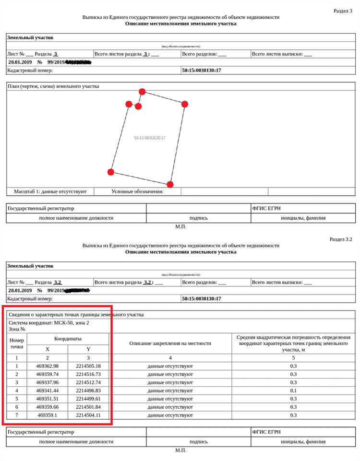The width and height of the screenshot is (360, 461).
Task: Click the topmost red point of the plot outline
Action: pos(142,92)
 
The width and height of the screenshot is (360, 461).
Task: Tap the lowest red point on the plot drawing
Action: pos(170,184)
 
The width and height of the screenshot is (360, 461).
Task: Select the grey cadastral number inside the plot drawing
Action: pos(150,138)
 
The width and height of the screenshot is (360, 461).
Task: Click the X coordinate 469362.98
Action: pos(47,366)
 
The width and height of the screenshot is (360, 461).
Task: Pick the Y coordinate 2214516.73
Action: pos(88,374)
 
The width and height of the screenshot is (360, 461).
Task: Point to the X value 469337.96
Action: pos(47,382)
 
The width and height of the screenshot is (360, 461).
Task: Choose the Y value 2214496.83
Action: pos(88,390)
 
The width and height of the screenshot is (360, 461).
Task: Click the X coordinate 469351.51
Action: pos(47,399)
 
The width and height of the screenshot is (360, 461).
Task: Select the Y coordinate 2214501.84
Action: pos(88,407)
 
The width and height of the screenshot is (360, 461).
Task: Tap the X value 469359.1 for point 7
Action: pos(47,415)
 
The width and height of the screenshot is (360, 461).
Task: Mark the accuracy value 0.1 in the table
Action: pos(293,390)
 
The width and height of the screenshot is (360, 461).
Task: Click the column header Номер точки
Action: pos(17,343)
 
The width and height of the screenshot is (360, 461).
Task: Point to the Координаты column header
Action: pos(68,338)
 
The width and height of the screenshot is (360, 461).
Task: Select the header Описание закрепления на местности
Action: pos(170,343)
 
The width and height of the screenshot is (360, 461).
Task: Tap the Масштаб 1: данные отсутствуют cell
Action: pos(50,191)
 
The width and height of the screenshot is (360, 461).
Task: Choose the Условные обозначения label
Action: pos(137,191)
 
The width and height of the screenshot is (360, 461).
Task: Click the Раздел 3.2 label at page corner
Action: pos(341,239)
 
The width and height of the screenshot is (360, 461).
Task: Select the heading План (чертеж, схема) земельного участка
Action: pos(53,86)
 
